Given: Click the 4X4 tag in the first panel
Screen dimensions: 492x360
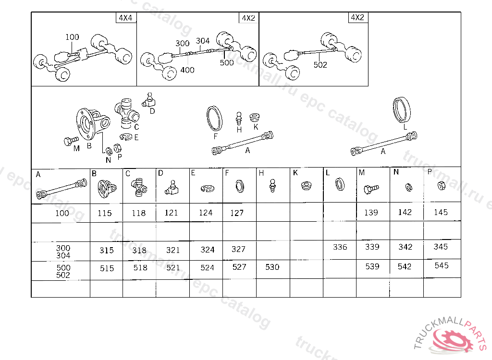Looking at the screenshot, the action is (125, 18).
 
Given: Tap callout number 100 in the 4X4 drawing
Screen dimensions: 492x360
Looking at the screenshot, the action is (72, 37).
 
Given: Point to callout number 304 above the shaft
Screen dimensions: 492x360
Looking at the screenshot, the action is (203, 41).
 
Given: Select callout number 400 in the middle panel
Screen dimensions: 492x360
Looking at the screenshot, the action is (187, 70).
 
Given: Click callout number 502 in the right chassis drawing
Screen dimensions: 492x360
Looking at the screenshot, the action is (320, 65).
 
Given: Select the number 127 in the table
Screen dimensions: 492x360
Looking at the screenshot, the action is (237, 213).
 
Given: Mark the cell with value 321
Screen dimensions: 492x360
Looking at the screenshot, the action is (173, 250).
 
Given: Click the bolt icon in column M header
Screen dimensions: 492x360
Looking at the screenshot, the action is (371, 189).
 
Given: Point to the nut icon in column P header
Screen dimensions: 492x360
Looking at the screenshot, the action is (442, 186).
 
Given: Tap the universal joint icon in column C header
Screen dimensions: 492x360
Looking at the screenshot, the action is (139, 188).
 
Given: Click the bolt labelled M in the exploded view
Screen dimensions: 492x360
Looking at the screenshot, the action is (71, 141).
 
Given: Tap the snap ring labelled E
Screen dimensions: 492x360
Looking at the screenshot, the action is (126, 136).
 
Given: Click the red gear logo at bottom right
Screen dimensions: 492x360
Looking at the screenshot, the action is (453, 343).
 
